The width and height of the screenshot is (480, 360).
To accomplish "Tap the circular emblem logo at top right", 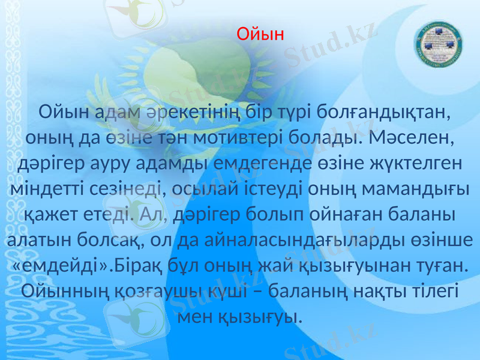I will pyautogui.click(x=436, y=46).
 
